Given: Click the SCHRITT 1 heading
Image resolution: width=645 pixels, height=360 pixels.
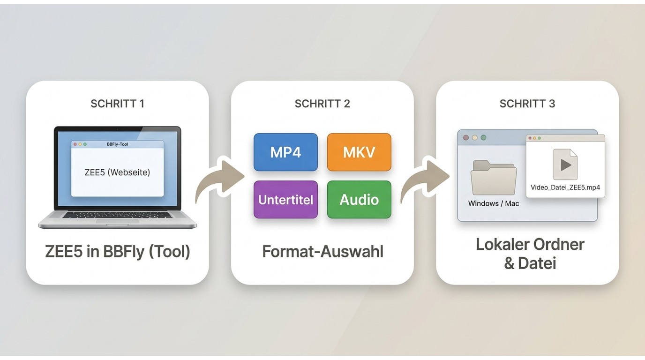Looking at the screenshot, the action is pyautogui.click(x=117, y=104).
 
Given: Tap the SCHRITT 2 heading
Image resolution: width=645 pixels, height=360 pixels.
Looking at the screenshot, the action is pyautogui.click(x=322, y=104).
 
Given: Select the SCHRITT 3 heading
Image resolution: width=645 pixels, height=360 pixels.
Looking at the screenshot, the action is pyautogui.click(x=527, y=104).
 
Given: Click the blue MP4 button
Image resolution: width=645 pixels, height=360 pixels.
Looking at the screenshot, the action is pyautogui.click(x=285, y=152).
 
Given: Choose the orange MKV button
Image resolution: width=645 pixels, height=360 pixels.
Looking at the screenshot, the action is pyautogui.click(x=359, y=152).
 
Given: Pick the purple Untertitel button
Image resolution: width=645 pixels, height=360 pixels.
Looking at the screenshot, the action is pyautogui.click(x=285, y=199).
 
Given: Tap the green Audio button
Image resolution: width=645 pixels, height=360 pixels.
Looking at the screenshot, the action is pyautogui.click(x=359, y=199).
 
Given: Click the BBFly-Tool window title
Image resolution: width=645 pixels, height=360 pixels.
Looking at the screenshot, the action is pyautogui.click(x=118, y=144).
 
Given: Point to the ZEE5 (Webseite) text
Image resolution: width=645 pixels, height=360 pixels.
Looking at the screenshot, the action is pyautogui.click(x=117, y=172).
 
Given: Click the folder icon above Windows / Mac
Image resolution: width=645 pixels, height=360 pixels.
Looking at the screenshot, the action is pyautogui.click(x=494, y=177).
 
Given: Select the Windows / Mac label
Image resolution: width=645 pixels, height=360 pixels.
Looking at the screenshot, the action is pyautogui.click(x=494, y=203).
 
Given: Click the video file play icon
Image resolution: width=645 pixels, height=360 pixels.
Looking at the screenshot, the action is pyautogui.click(x=565, y=165).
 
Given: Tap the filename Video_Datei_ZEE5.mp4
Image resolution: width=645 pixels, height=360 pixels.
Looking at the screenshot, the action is pyautogui.click(x=565, y=187).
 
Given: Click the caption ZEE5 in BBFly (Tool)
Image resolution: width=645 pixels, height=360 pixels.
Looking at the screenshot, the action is pyautogui.click(x=118, y=251).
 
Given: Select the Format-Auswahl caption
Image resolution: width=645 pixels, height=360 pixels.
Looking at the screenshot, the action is pyautogui.click(x=322, y=251).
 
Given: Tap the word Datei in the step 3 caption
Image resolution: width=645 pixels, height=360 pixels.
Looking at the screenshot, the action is pyautogui.click(x=537, y=263).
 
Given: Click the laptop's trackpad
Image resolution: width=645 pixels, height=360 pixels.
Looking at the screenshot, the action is pyautogui.click(x=118, y=221).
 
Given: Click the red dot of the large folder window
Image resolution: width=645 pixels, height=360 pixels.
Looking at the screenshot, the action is pyautogui.click(x=466, y=138).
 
